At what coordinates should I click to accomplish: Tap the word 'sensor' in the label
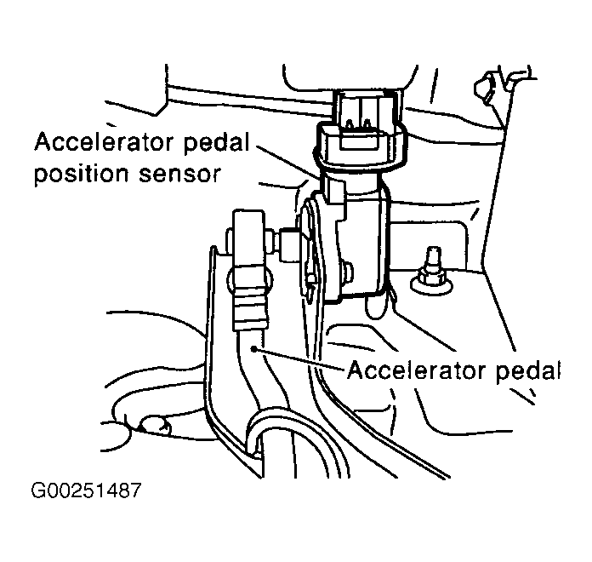pos(179,175)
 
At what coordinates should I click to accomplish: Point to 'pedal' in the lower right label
pos(527,371)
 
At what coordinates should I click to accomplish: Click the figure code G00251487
pos(86,490)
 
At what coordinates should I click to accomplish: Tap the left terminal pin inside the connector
pos(350,124)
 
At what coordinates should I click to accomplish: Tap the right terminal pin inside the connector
pos(367,124)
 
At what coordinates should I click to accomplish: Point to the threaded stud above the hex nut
pos(433,258)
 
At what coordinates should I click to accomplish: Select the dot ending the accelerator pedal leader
pos(254,349)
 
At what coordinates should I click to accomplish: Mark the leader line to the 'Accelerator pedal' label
pos(299,358)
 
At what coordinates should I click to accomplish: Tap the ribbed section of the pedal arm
pos(251,309)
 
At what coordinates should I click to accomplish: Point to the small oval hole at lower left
pos(156,425)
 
